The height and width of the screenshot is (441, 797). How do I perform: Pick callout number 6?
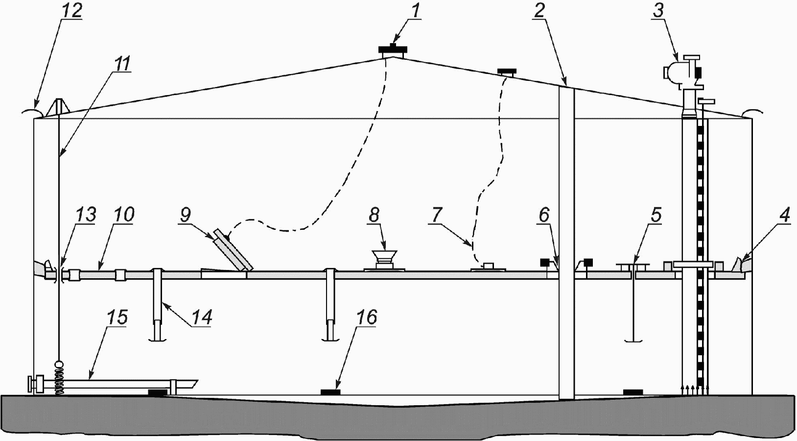[x=544, y=215]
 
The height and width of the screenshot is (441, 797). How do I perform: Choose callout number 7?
[x=436, y=215]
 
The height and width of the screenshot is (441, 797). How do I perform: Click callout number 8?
[x=374, y=215]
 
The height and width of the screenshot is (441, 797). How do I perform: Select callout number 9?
[x=186, y=215]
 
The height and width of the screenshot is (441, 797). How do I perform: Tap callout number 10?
[x=123, y=215]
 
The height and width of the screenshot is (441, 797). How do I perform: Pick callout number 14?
[x=201, y=317]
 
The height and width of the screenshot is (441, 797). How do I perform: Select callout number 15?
[x=117, y=317]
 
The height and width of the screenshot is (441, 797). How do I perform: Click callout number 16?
[x=367, y=317]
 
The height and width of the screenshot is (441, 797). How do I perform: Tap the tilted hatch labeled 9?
[x=233, y=250]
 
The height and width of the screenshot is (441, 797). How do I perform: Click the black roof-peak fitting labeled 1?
[x=393, y=49]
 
